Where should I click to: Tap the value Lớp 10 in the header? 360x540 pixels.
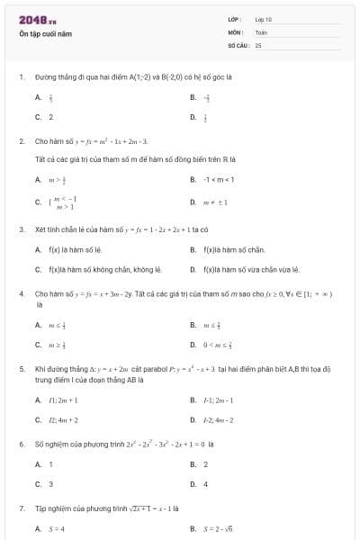(x=264, y=19)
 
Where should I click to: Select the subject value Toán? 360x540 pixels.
(x=261, y=31)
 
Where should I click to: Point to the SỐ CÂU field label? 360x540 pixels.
(x=237, y=44)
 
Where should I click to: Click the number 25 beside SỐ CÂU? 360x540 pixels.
(x=258, y=44)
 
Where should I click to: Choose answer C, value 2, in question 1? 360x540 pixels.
(x=50, y=117)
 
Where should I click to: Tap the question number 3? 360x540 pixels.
(x=21, y=229)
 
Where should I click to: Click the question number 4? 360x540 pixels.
(x=21, y=294)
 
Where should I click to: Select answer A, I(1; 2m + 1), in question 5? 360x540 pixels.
(x=63, y=400)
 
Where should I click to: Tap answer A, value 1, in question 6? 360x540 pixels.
(x=50, y=464)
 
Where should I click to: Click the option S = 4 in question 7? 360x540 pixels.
(x=57, y=528)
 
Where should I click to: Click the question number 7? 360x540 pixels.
(x=21, y=508)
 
